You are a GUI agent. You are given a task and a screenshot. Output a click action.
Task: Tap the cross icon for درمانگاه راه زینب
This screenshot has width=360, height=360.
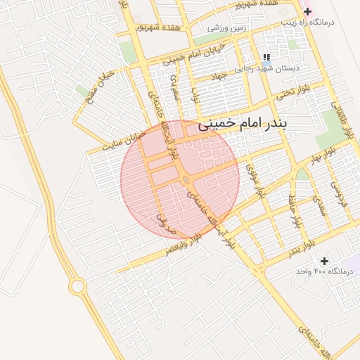pyautogui.click(x=307, y=11)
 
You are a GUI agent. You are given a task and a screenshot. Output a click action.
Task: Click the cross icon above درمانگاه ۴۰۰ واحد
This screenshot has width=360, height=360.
pyautogui.click(x=323, y=261)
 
